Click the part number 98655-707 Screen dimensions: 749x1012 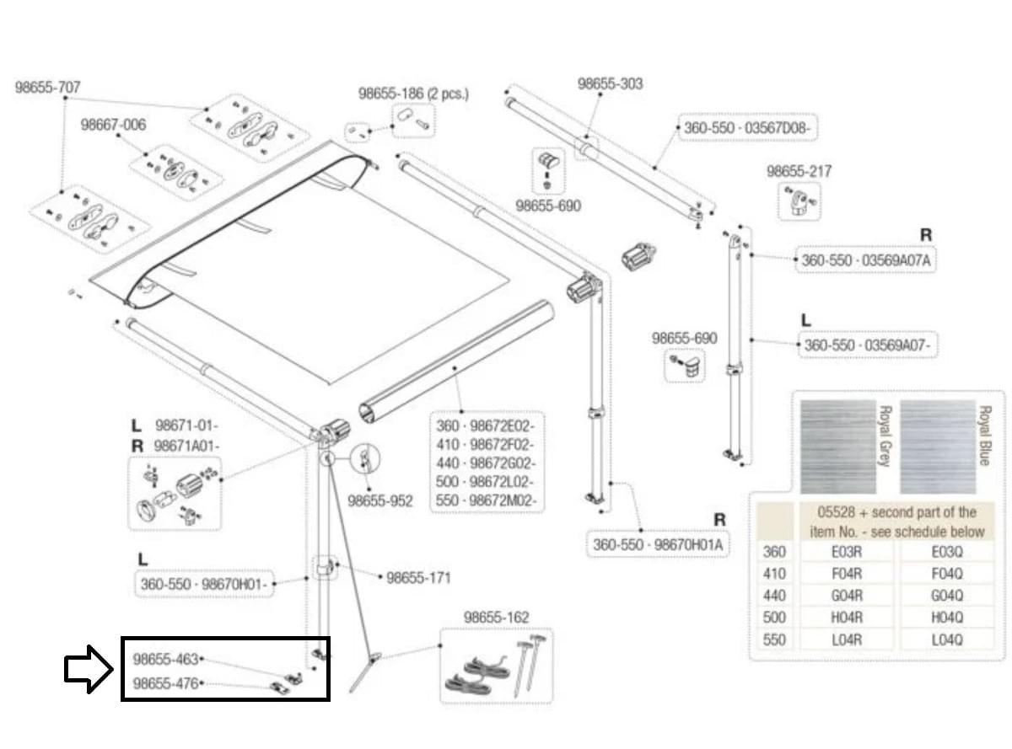pyautogui.click(x=48, y=88)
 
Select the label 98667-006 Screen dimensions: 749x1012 pyautogui.click(x=113, y=125)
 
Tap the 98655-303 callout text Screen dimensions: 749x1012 pyautogui.click(x=610, y=83)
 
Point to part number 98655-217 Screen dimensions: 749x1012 pyautogui.click(x=799, y=171)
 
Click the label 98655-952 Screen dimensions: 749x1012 pyautogui.click(x=380, y=500)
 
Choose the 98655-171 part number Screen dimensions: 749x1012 pyautogui.click(x=418, y=578)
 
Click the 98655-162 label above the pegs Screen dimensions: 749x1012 pyautogui.click(x=497, y=618)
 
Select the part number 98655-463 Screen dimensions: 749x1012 pyautogui.click(x=165, y=659)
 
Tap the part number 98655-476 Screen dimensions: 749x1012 pyautogui.click(x=165, y=683)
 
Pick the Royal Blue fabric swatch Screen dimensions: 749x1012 pyautogui.click(x=938, y=447)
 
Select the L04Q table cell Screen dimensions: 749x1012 pyautogui.click(x=947, y=639)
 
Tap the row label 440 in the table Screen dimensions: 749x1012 pyautogui.click(x=774, y=596)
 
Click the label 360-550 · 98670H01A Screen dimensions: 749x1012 pyautogui.click(x=658, y=544)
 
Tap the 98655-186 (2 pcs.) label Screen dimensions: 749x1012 pyautogui.click(x=413, y=94)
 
